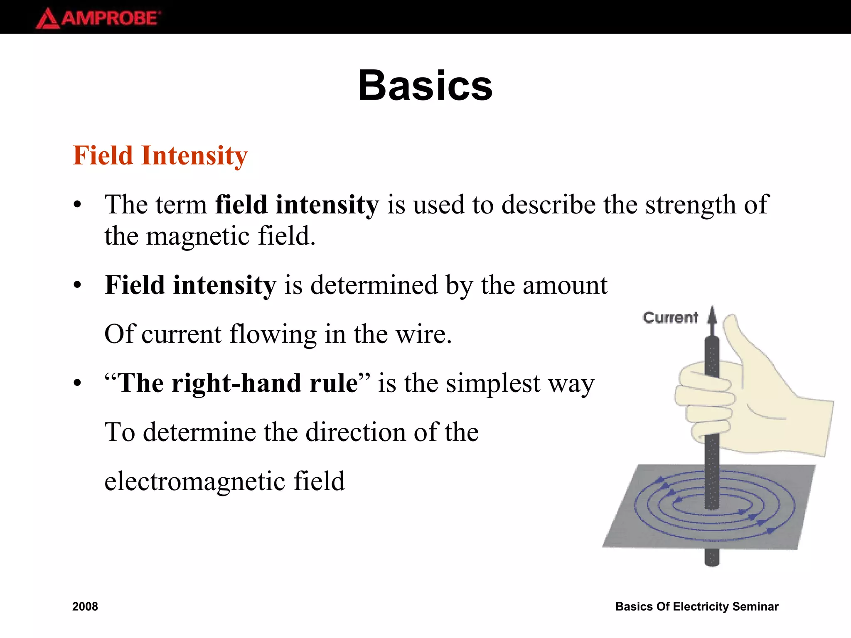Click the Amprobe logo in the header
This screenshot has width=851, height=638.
click(98, 18)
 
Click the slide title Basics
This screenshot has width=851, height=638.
click(425, 86)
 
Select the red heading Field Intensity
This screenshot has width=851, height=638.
click(160, 156)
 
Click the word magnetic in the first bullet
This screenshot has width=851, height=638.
click(198, 236)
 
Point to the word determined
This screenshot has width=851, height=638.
click(374, 285)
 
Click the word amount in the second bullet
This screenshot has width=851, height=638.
click(565, 285)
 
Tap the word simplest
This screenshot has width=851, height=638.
click(493, 383)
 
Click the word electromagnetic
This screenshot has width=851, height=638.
click(194, 481)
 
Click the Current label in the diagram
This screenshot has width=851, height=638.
click(670, 318)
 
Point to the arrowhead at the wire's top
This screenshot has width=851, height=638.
click(712, 315)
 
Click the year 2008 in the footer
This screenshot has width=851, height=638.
click(85, 606)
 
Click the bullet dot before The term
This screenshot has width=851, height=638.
click(77, 205)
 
